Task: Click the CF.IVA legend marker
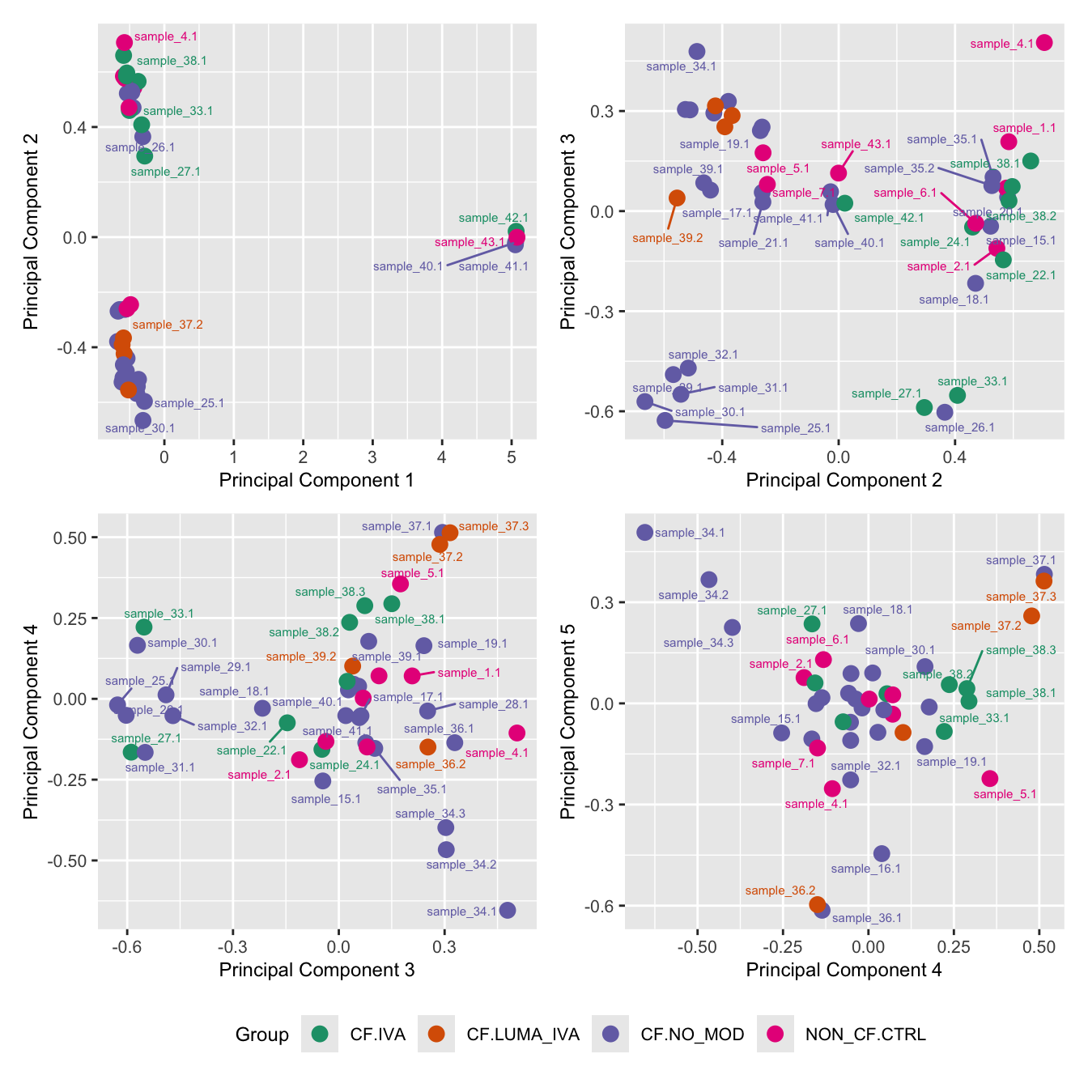[321, 1034]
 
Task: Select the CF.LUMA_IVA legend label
[523, 1035]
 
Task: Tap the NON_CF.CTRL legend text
[865, 1035]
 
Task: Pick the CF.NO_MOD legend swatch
[611, 1034]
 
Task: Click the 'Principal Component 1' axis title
[317, 480]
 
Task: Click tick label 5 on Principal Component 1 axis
[511, 457]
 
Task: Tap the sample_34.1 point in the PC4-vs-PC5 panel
[644, 532]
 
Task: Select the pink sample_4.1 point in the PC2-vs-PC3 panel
[1044, 42]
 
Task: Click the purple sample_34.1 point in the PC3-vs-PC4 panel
[508, 910]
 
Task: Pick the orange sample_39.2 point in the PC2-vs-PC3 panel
[677, 198]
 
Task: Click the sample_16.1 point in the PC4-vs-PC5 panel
[882, 853]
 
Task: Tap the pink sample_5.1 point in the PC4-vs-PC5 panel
[989, 778]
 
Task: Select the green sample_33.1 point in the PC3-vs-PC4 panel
[144, 627]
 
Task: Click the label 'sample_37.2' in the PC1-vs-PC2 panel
[168, 325]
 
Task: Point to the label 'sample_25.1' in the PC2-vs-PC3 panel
[795, 428]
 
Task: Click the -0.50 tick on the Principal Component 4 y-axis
[71, 861]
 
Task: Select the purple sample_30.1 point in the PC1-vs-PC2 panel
[143, 420]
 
